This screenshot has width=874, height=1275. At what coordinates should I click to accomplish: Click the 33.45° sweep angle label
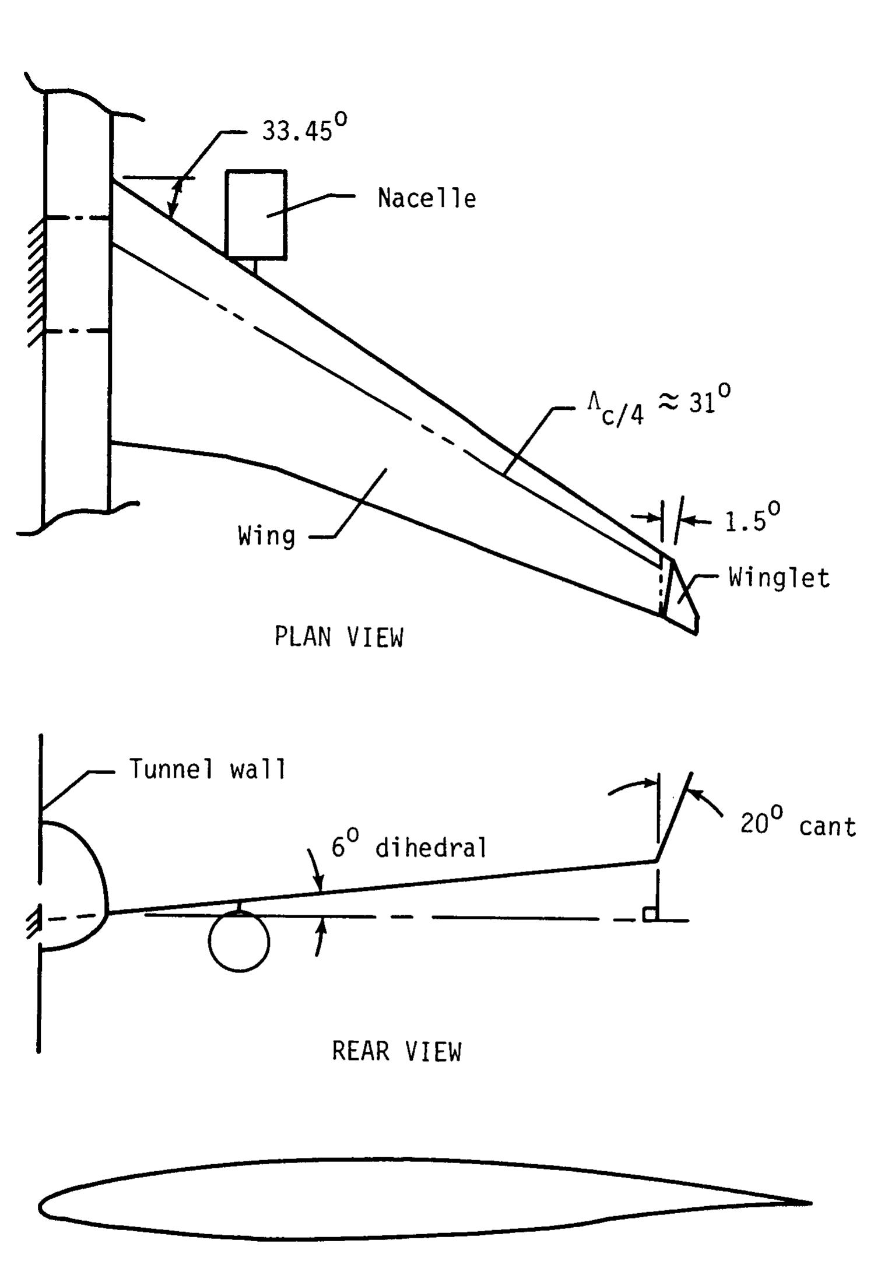[304, 128]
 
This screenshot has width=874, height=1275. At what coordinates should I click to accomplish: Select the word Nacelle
[427, 198]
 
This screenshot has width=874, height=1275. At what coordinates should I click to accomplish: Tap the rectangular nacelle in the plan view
[256, 214]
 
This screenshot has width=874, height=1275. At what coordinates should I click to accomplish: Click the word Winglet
[779, 578]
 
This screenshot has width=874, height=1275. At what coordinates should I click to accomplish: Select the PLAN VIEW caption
[339, 637]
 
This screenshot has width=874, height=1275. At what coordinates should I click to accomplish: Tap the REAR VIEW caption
[396, 1051]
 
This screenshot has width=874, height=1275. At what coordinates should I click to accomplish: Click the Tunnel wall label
[208, 769]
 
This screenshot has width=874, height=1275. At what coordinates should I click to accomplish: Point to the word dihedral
[431, 847]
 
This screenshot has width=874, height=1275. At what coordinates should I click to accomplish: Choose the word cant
[827, 827]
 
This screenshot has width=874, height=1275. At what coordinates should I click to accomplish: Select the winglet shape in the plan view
[680, 596]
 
